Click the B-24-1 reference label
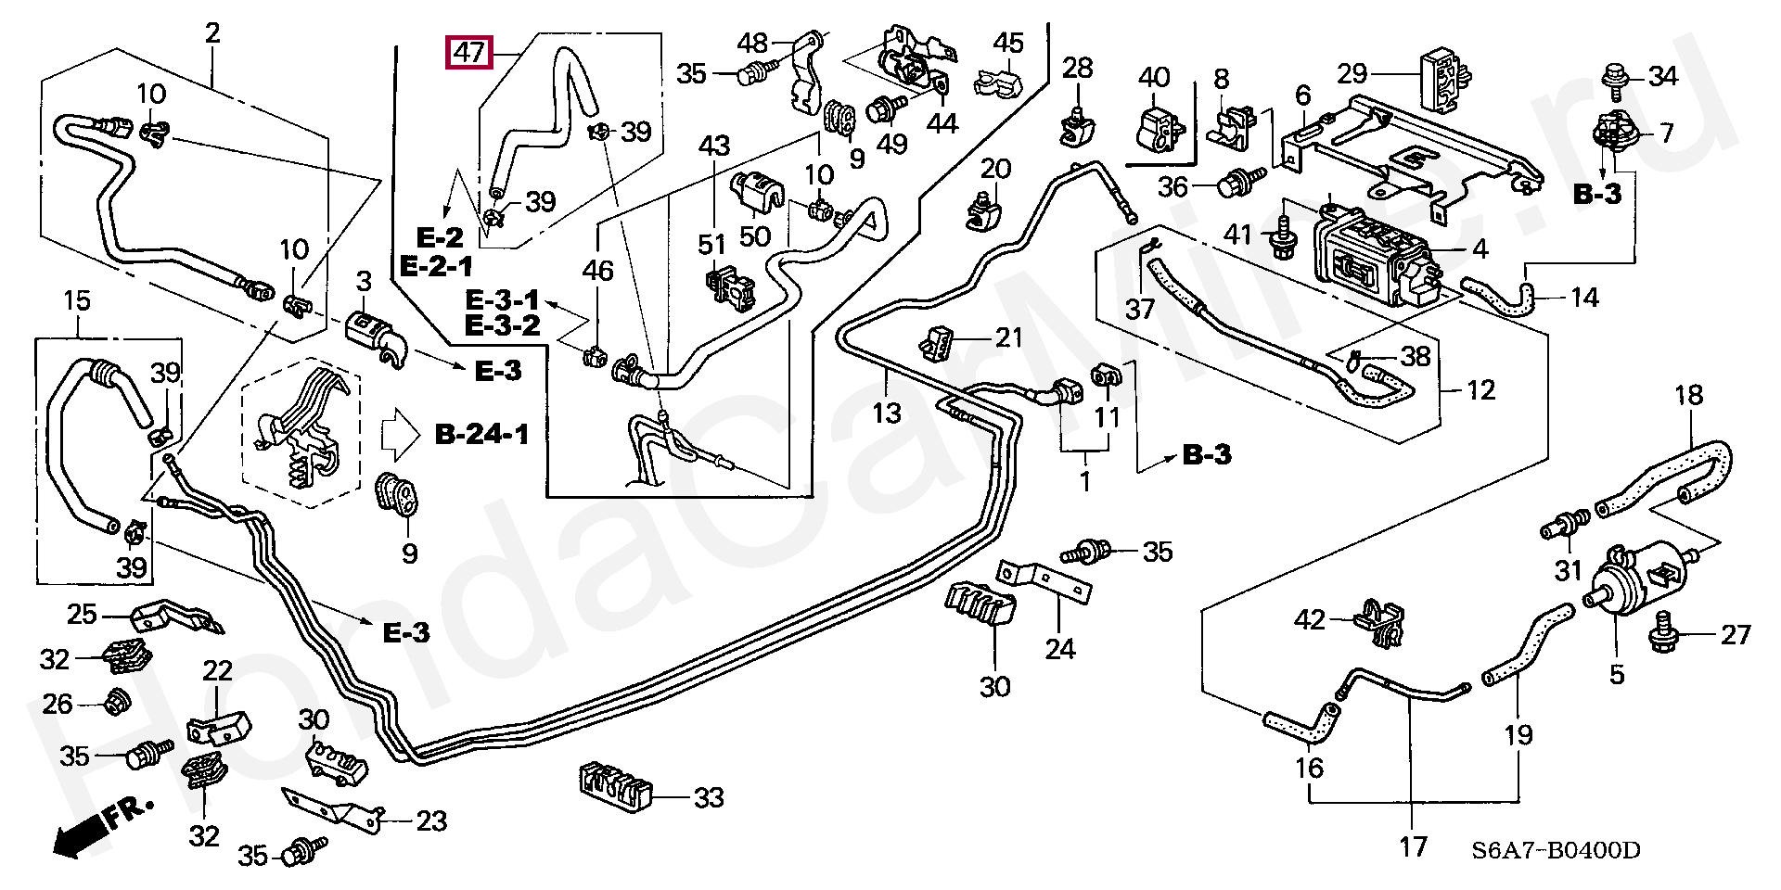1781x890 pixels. tap(482, 433)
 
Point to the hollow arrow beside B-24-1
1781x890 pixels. tap(402, 435)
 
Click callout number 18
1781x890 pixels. tap(1688, 396)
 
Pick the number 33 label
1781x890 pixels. tap(709, 797)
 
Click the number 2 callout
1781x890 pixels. tap(212, 34)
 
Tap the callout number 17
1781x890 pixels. tap(1413, 846)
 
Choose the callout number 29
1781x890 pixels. tap(1353, 72)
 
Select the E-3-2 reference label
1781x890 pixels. tap(502, 324)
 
